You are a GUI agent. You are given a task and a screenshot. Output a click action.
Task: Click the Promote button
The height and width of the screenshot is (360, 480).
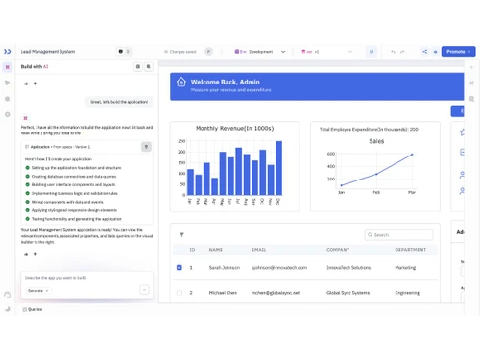pyautogui.click(x=457, y=51)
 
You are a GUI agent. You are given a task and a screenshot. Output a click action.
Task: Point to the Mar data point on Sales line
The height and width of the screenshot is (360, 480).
pyautogui.click(x=412, y=155)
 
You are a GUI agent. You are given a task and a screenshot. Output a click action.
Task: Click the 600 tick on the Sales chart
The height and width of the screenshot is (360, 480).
pyautogui.click(x=330, y=154)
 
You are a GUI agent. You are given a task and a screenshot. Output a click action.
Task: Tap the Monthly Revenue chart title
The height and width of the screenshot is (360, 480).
pyautogui.click(x=234, y=128)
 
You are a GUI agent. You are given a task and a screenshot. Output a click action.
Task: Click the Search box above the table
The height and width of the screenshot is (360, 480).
pyautogui.click(x=398, y=234)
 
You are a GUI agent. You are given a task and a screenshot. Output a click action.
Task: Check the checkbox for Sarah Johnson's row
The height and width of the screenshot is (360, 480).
pyautogui.click(x=180, y=267)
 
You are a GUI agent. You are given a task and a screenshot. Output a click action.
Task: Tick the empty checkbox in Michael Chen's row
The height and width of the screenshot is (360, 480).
pyautogui.click(x=180, y=292)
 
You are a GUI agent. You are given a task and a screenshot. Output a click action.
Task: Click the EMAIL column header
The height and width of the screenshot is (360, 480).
pyautogui.click(x=259, y=250)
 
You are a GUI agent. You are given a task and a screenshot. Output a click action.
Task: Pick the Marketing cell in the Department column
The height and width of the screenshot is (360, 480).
pyautogui.click(x=406, y=267)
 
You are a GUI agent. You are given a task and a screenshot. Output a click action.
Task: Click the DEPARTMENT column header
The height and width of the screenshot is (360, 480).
pyautogui.click(x=410, y=250)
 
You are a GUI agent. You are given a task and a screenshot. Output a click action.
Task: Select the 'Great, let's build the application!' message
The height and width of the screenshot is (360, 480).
pyautogui.click(x=119, y=101)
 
